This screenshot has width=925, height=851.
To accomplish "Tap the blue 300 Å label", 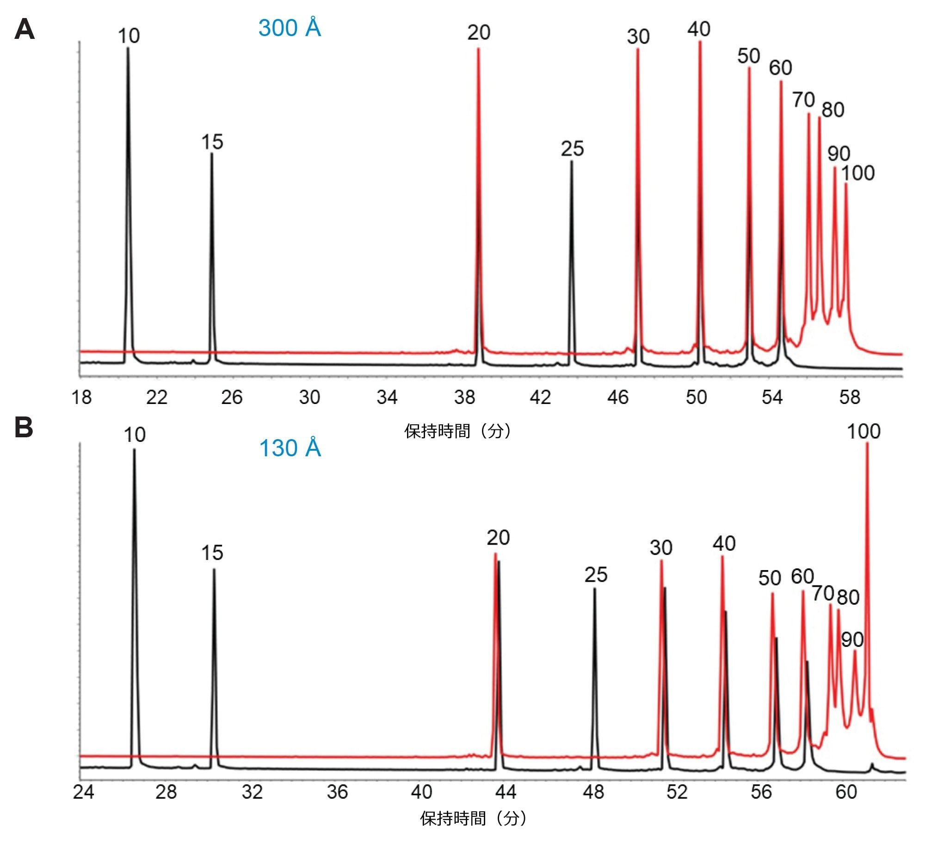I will (x=290, y=28).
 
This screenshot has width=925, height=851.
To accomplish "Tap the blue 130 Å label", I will (x=290, y=447).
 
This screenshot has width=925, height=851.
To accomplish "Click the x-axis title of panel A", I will (x=457, y=431).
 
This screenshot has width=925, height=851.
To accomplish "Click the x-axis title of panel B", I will (x=473, y=818).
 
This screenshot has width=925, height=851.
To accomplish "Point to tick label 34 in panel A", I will (x=387, y=397).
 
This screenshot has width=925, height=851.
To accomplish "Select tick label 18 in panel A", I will (x=81, y=397).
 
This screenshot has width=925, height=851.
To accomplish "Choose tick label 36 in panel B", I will (x=337, y=792).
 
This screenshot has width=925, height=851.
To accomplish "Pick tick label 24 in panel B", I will (x=83, y=792).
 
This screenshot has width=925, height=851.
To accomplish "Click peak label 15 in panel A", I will (x=212, y=142).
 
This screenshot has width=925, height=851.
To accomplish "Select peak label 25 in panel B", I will (x=596, y=575).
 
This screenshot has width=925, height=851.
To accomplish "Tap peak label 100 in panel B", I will (x=863, y=431).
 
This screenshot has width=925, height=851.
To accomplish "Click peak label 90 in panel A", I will (x=839, y=154).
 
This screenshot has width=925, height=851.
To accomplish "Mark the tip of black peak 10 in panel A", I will (x=128, y=48).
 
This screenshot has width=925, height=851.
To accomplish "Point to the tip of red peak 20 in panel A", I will (x=478, y=48).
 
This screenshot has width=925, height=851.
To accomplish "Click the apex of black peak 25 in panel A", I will (x=571, y=161).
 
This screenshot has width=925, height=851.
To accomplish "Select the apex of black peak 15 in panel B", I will (x=214, y=569).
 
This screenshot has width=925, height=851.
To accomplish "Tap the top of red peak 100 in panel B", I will (x=867, y=443).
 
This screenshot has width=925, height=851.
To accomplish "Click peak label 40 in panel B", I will (x=724, y=543).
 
